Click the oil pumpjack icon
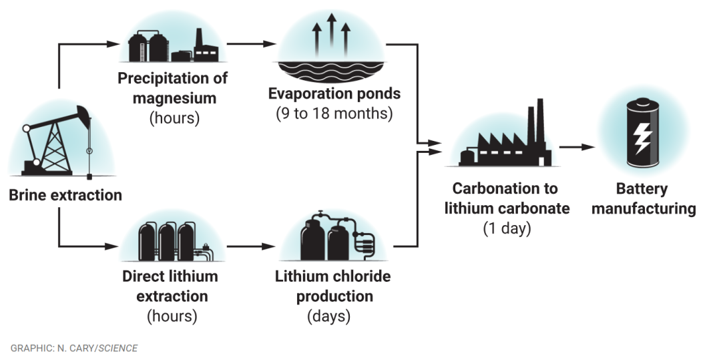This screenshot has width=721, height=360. point(60,144)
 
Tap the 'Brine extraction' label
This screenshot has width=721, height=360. point(65,196)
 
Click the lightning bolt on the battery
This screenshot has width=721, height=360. point(642,138)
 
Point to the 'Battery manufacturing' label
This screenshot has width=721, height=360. point(643,198)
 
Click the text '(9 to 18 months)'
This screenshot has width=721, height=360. point(334,113)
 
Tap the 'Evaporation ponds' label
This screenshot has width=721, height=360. point(334,93)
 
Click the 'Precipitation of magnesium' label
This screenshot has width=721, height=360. point(173,88)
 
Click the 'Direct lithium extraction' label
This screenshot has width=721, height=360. point(170,286)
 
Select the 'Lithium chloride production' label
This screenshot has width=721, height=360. point(333,286)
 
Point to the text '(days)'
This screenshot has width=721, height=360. point(328,316)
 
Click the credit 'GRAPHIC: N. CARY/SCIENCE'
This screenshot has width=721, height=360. point(74,348)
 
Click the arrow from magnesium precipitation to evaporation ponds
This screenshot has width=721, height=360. point(251,44)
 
